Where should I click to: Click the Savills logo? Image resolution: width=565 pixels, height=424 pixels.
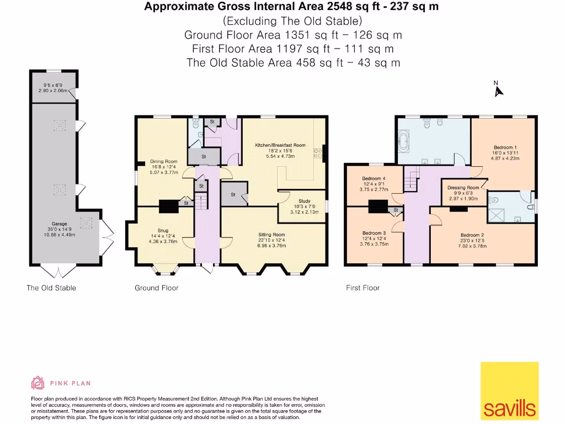click(x=509, y=391)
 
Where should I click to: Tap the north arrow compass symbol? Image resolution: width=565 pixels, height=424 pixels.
click(x=499, y=90)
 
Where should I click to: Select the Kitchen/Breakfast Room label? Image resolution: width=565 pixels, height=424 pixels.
click(x=280, y=145)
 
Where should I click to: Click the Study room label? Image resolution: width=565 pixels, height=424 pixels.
click(x=304, y=201)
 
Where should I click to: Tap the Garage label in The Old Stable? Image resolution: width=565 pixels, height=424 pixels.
click(x=60, y=224)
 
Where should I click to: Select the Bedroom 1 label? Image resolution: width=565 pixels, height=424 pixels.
click(x=504, y=147)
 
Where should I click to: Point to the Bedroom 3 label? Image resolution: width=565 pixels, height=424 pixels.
click(x=374, y=233)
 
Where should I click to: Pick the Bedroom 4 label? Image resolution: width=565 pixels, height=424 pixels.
click(x=374, y=178)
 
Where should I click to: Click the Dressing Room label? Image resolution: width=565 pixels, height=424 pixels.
click(x=463, y=188)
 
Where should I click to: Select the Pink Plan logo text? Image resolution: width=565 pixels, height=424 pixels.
click(x=70, y=383)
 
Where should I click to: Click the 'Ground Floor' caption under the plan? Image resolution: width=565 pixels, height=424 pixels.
click(x=157, y=288)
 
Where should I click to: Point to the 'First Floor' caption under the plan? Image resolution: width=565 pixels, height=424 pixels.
click(x=363, y=288)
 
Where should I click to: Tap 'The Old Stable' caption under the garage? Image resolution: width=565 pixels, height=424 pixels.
click(x=51, y=288)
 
